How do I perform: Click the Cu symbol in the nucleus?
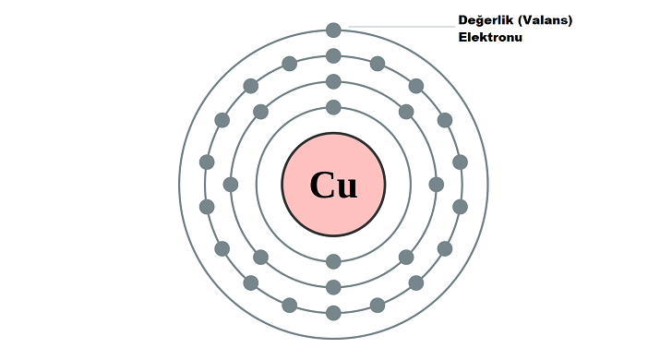click(333, 186)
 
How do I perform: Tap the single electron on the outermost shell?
click(333, 30)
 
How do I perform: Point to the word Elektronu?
click(490, 37)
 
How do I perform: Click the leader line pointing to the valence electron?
click(402, 27)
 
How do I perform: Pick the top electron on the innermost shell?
click(333, 108)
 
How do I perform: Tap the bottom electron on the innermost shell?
click(333, 261)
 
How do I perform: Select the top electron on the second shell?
click(333, 82)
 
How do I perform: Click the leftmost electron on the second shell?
click(231, 185)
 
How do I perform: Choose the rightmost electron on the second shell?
click(437, 185)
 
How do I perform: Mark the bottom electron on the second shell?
click(333, 287)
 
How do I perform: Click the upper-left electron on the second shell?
click(260, 112)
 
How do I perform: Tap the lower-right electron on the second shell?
click(406, 258)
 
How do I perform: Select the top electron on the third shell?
click(333, 56)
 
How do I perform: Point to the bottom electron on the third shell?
click(333, 313)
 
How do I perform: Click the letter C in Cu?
click(320, 186)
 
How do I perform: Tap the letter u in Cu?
click(346, 189)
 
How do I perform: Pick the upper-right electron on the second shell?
click(406, 112)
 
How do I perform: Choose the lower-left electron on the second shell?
click(260, 258)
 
